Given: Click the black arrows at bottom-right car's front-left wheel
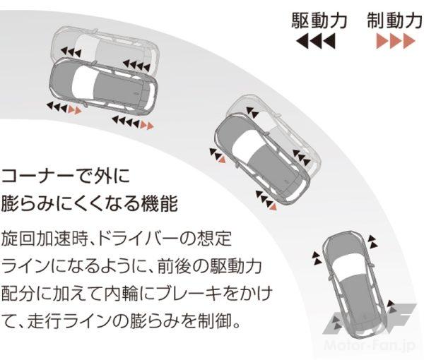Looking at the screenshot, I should pos(316,258).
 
